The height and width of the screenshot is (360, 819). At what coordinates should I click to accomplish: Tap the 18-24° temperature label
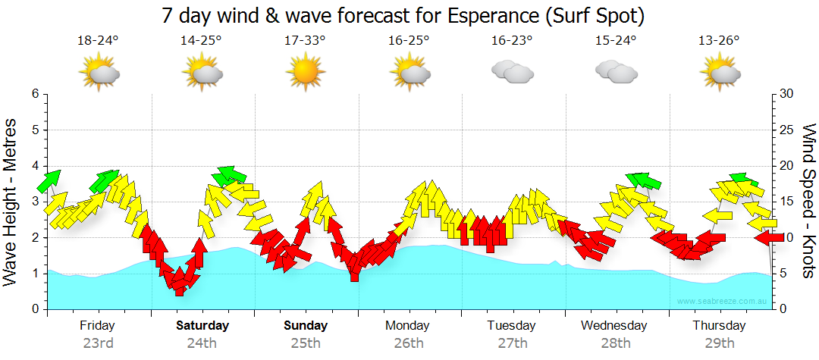98,41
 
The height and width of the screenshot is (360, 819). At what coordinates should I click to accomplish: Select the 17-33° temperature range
305,41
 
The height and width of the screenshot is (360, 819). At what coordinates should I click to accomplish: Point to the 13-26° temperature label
719,41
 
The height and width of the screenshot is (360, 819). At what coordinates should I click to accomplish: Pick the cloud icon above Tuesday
512,72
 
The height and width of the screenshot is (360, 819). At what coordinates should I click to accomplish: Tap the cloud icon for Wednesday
615,71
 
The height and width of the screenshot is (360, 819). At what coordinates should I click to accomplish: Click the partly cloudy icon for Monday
409,72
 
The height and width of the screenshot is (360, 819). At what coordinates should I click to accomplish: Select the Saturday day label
202,325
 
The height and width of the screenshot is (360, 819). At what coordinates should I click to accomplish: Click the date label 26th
409,343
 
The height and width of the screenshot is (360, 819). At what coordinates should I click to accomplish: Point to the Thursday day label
719,325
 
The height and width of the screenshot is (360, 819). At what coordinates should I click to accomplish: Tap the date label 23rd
98,343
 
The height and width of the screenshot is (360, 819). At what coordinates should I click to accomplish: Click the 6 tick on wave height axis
35,94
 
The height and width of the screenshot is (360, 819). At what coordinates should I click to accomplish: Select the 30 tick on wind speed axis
787,94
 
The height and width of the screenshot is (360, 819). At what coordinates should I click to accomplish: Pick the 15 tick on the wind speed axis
787,202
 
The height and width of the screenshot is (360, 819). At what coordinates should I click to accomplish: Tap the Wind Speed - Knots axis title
808,200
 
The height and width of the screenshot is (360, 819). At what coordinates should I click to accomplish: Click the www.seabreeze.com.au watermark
723,301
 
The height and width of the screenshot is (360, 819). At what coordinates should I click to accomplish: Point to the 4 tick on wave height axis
35,166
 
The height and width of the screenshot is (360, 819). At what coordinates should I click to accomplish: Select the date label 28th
615,343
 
